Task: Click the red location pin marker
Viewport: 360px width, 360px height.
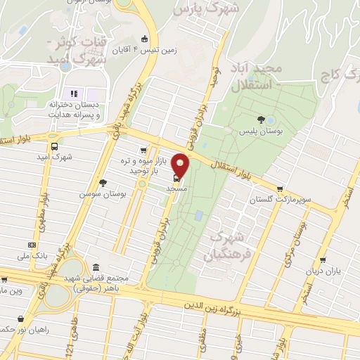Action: (x=181, y=165)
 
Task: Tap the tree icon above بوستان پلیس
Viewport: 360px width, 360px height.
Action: (x=262, y=119)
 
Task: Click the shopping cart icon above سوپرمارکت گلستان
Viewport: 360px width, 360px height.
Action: (x=281, y=188)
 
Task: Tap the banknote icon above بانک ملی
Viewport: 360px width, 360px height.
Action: (x=31, y=245)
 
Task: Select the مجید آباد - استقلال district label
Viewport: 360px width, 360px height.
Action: (x=257, y=77)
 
